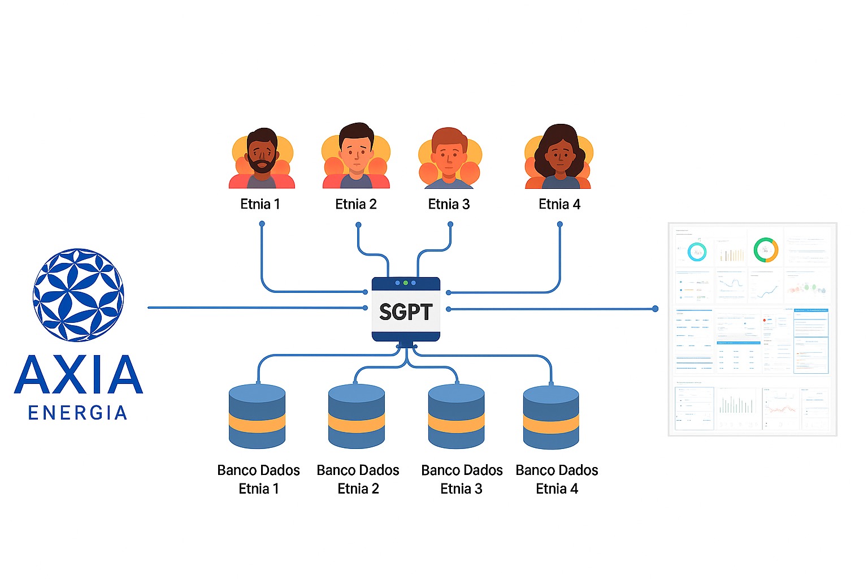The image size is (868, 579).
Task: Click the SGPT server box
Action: coord(406,310)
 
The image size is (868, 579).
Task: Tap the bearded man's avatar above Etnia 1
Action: coord(262,158)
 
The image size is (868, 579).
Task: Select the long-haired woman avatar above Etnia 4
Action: coord(559,157)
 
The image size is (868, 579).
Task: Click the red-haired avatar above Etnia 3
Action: coord(449,158)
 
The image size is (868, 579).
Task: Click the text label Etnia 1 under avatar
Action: coord(260,204)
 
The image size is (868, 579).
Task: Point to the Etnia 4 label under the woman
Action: coord(559,204)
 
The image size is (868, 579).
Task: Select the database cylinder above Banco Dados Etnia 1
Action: coord(257,417)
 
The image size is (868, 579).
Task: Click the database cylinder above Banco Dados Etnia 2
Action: coord(357,417)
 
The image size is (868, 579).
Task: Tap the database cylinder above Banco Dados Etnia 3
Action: coord(456,417)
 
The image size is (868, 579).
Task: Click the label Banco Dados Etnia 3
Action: coord(462,479)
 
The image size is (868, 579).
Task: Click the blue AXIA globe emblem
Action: coord(79,295)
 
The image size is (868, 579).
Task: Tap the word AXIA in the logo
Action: coord(79,375)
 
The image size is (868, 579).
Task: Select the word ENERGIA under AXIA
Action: coord(77,413)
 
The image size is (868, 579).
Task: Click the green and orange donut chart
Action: coord(766,250)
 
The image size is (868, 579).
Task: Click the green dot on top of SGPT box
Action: coord(406,283)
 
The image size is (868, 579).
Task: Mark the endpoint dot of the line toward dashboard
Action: coord(655,309)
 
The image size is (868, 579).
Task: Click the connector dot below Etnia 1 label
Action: coord(262,224)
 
